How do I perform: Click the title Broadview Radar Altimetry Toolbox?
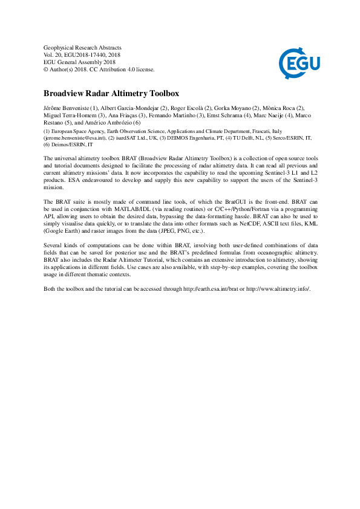[x=111, y=94]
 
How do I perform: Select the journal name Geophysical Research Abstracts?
[x=83, y=48]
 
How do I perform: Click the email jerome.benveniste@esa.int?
[x=75, y=138]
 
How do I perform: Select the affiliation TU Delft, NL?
[x=261, y=138]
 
